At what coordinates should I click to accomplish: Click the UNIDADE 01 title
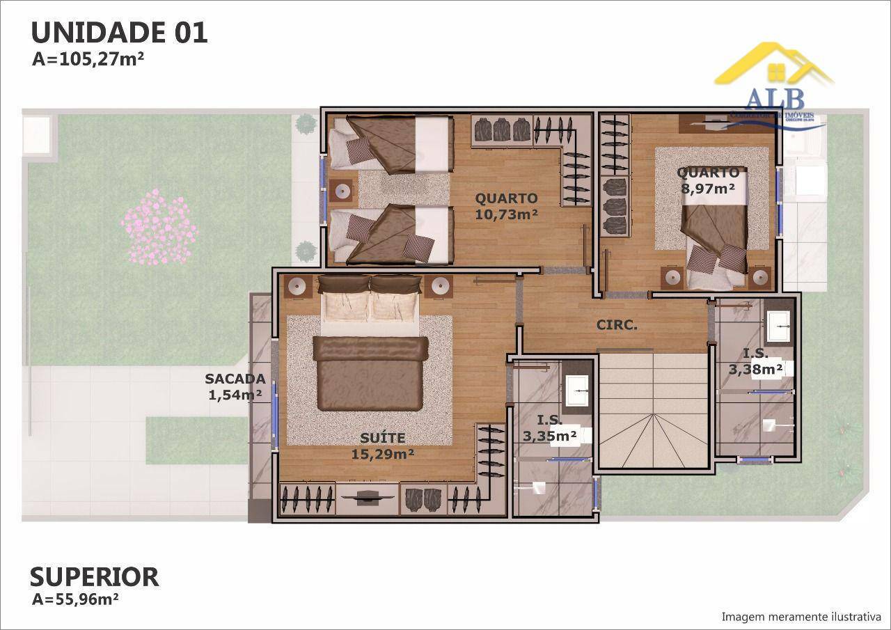click(119, 33)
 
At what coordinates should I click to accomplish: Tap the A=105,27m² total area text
click(88, 59)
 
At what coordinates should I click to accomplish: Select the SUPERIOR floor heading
click(94, 576)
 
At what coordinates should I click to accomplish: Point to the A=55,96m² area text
click(75, 598)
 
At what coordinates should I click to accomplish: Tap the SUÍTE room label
click(382, 438)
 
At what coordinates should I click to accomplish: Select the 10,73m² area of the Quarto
click(506, 214)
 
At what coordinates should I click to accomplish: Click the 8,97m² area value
click(709, 187)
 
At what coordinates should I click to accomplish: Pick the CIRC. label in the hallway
click(617, 324)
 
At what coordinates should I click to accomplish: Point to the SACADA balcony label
click(235, 379)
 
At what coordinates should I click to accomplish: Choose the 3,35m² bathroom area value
click(549, 436)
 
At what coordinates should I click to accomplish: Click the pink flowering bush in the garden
click(159, 227)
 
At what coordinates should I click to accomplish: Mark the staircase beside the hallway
click(652, 410)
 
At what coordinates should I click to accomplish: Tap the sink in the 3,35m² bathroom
click(578, 391)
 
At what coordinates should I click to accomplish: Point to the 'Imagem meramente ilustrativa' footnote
click(801, 617)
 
